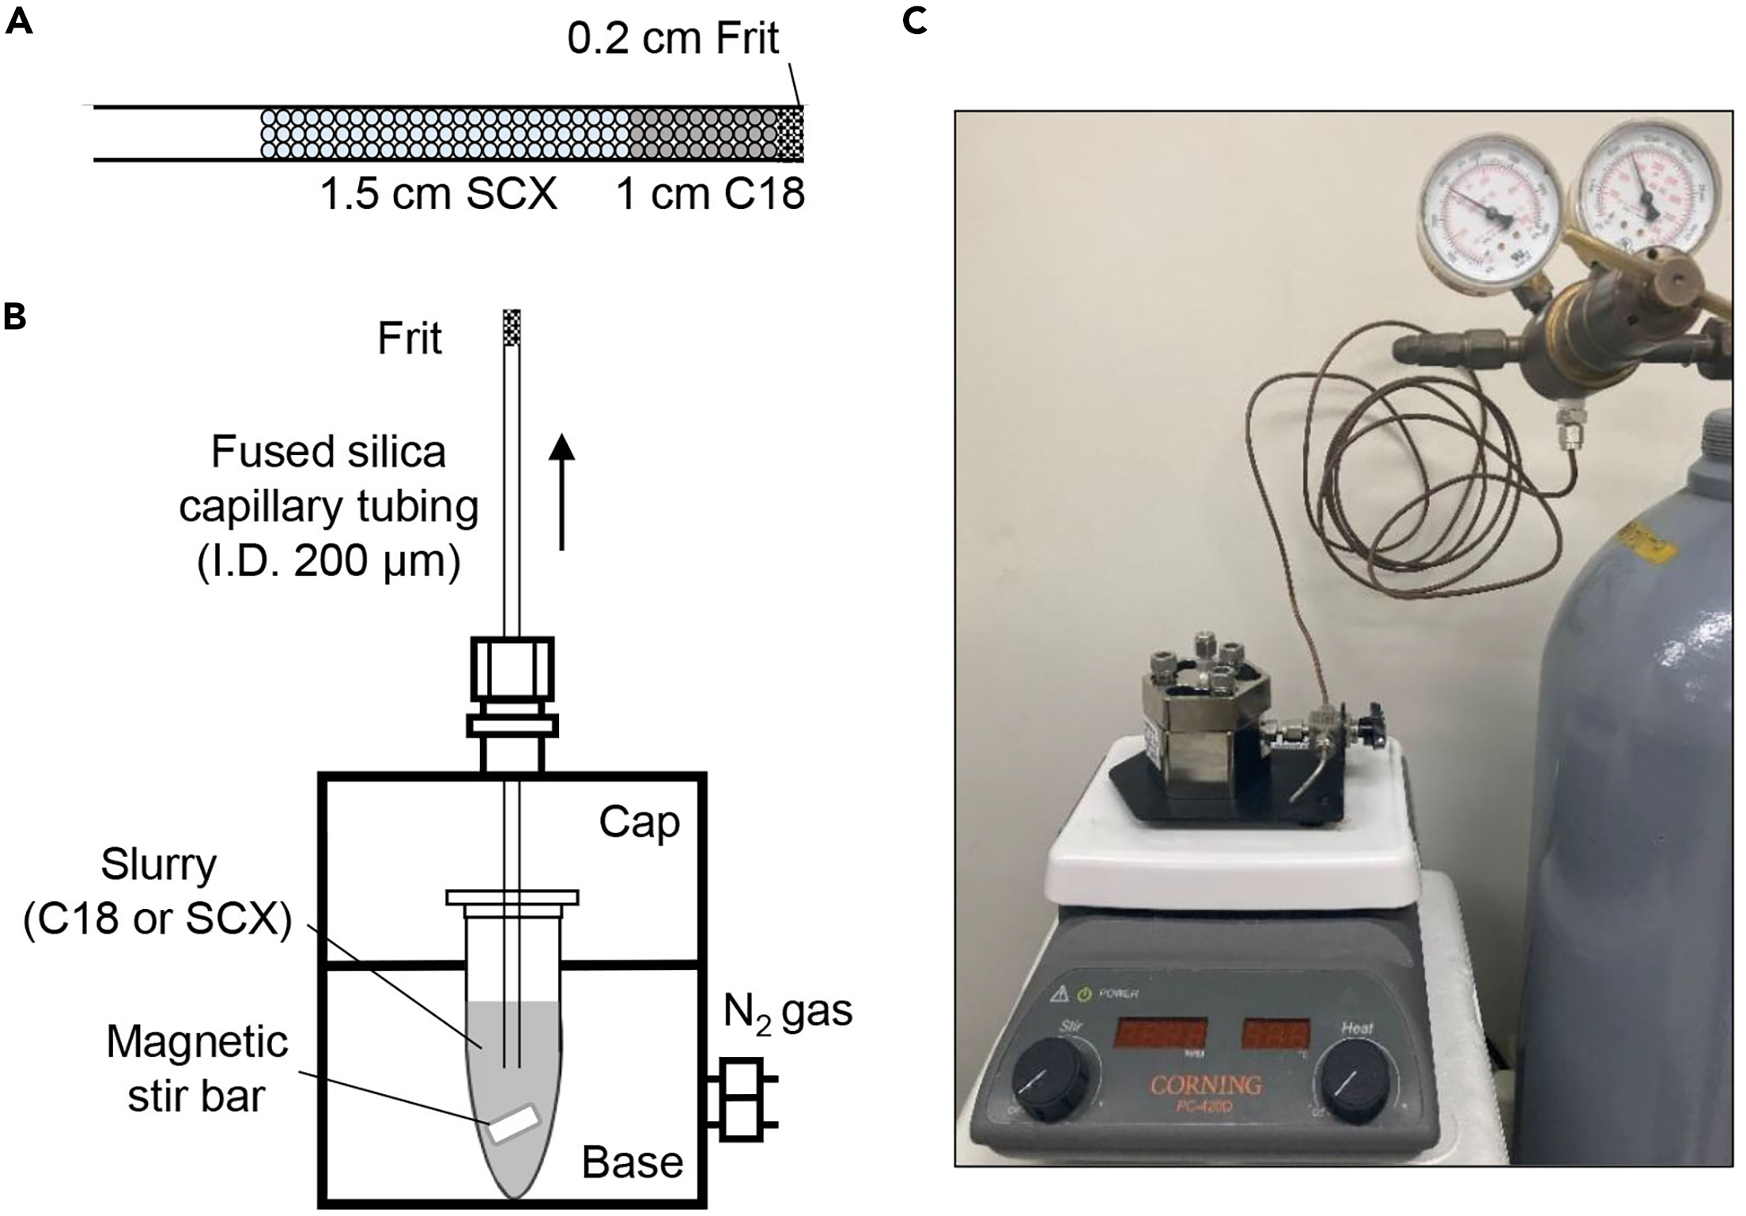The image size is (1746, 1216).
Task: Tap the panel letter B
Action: tap(15, 316)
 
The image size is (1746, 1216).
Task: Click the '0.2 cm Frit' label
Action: tap(673, 39)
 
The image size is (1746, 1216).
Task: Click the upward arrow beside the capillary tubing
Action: tap(561, 491)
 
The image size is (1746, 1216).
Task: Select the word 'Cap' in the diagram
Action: tap(639, 822)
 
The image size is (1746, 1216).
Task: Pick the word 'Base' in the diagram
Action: tap(632, 1162)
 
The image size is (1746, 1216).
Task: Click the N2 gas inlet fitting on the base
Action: tap(742, 1100)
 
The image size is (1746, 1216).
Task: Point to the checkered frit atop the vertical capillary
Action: tap(512, 327)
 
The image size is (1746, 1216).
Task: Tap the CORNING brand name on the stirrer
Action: tap(1205, 1084)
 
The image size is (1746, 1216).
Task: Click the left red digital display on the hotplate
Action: tap(1160, 1033)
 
